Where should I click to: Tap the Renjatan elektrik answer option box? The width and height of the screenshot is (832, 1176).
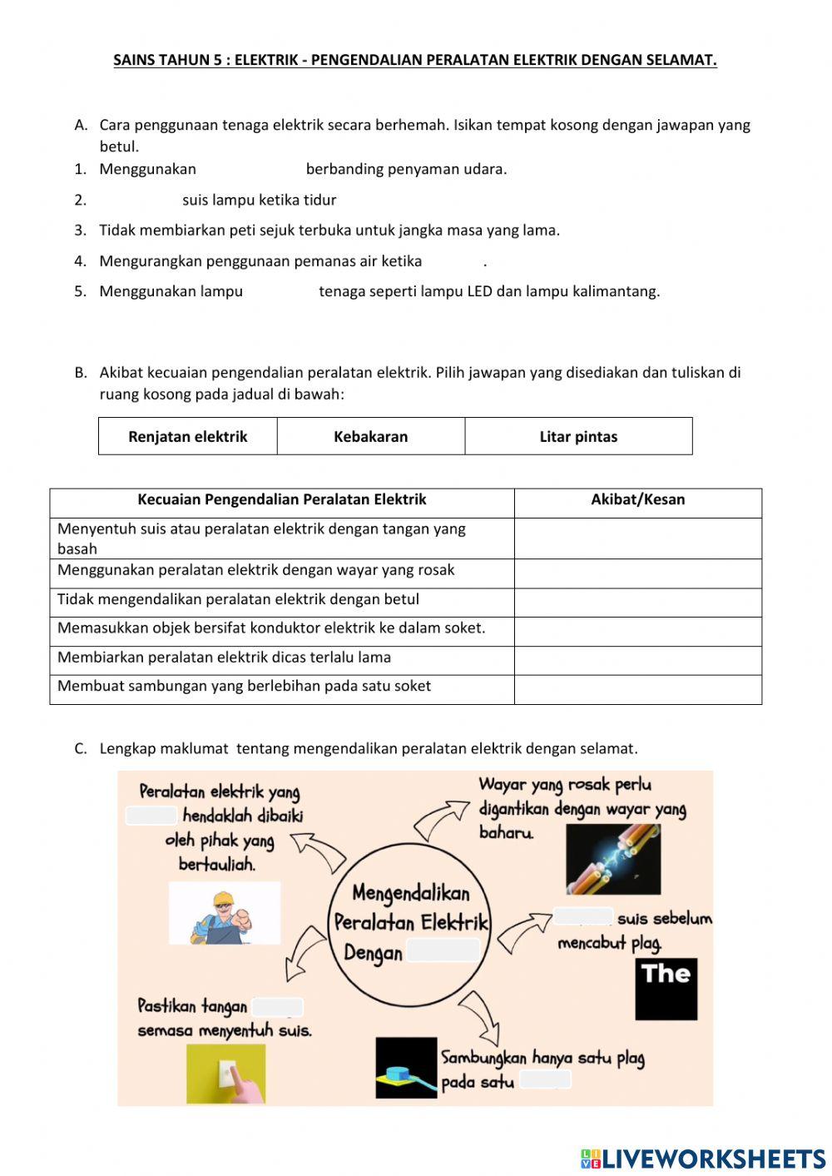(x=188, y=436)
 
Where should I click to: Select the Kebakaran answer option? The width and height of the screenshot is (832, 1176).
(x=371, y=436)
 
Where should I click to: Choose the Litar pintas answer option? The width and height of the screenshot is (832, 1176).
(x=578, y=436)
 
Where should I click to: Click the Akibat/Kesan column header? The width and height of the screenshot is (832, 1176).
(x=638, y=500)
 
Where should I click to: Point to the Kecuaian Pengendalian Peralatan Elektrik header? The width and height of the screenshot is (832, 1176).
(x=282, y=500)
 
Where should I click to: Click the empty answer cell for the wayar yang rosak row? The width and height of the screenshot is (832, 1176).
(x=638, y=573)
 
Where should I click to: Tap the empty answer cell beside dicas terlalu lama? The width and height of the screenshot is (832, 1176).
(x=638, y=661)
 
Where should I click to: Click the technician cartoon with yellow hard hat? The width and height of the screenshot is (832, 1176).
(x=225, y=915)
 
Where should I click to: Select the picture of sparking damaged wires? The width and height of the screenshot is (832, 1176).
(x=613, y=860)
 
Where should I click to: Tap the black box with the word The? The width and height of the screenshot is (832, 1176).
(x=666, y=989)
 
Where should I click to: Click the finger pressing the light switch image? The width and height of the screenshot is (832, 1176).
(x=226, y=1074)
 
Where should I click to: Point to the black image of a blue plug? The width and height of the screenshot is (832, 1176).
(x=406, y=1068)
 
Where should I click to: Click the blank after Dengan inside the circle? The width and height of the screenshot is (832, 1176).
(x=443, y=950)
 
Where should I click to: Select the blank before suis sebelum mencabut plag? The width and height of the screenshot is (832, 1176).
(x=583, y=916)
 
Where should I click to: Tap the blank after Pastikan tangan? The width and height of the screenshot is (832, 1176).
(x=277, y=1007)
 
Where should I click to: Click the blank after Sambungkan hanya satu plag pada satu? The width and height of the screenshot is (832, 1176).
(x=546, y=1079)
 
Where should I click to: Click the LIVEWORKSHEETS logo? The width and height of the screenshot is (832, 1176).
(x=703, y=1159)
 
